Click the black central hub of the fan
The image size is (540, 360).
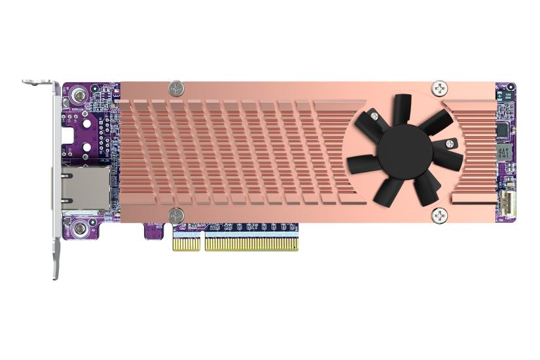click(404, 151)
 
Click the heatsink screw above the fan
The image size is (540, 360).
click(439, 87)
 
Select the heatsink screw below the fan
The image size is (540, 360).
click(440, 214)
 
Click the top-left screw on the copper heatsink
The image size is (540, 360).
click(175, 87)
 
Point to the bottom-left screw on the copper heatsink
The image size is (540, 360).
click(175, 215)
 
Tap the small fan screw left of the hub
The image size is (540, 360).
click(374, 116)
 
